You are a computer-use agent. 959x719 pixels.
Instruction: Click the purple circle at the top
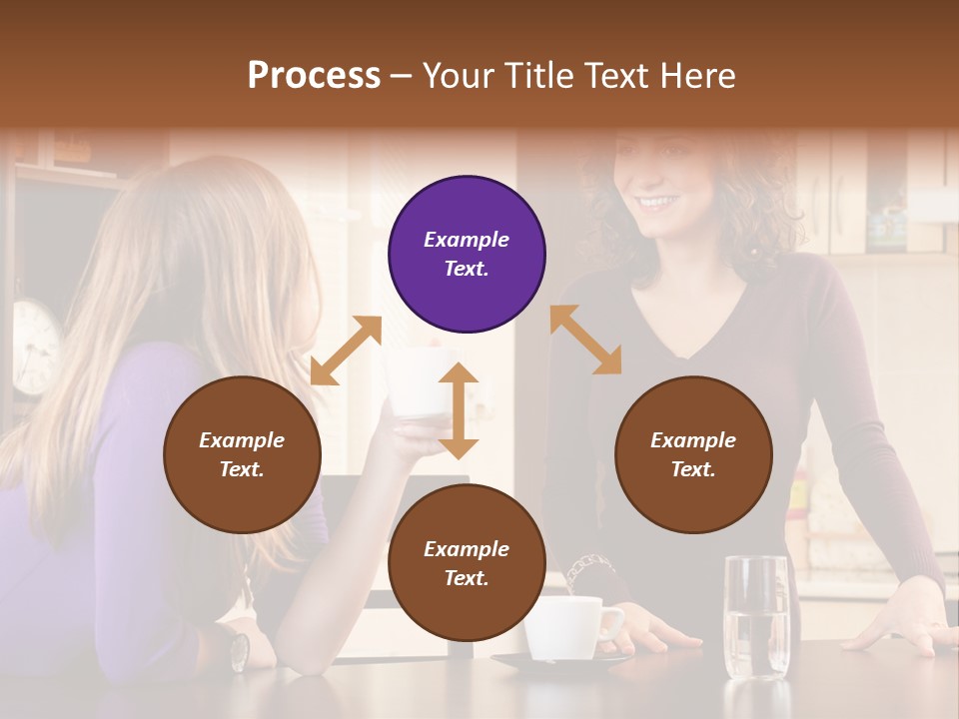coord(467,255)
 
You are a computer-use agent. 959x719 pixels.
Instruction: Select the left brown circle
coord(243,455)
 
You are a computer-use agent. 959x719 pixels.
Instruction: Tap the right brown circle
coord(693,455)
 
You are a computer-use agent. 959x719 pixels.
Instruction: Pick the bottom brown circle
coord(467,563)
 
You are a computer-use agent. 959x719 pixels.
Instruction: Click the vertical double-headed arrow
coord(459,410)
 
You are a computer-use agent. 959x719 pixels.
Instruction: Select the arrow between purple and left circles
coord(346,350)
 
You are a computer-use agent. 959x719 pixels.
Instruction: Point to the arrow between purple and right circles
coord(585,340)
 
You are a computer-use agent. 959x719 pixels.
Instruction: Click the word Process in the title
coord(314,75)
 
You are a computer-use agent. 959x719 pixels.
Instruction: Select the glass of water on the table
coord(755,617)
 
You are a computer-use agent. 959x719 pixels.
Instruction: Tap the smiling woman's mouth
coord(657,202)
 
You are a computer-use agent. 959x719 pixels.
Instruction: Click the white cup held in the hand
coord(418,384)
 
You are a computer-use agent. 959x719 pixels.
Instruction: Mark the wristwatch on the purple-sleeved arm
coord(239,651)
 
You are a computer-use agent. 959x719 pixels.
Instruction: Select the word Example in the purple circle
coord(467,240)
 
